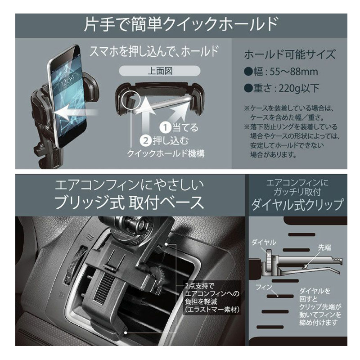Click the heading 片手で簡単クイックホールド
pyautogui.click(x=181, y=25)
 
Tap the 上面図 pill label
pyautogui.click(x=160, y=71)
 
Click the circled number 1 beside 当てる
pyautogui.click(x=165, y=128)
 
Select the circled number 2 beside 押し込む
pyautogui.click(x=145, y=140)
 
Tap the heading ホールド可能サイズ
pyautogui.click(x=290, y=54)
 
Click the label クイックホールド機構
pyautogui.click(x=166, y=153)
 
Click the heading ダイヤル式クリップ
pyautogui.click(x=297, y=204)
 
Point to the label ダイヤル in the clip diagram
pyautogui.click(x=264, y=242)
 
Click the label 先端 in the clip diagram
pyautogui.click(x=324, y=247)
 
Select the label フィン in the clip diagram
pyautogui.click(x=264, y=287)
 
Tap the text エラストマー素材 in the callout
pyautogui.click(x=212, y=310)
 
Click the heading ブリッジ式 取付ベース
pyautogui.click(x=129, y=202)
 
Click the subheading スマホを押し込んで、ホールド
pyautogui.click(x=153, y=51)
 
